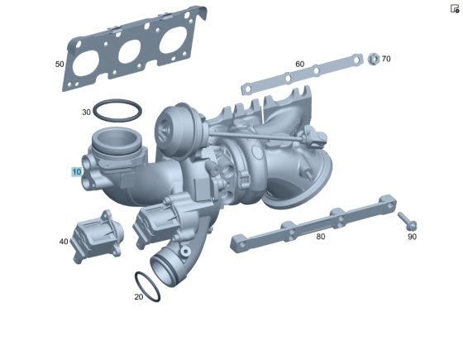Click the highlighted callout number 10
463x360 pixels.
(76, 172)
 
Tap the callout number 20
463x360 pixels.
(139, 297)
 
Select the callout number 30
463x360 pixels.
(86, 113)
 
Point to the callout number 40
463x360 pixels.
(64, 242)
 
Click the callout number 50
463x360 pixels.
(60, 65)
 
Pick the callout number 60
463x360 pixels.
(299, 65)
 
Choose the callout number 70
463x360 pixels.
(386, 59)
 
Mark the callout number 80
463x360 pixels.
(321, 237)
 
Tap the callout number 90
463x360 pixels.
(412, 237)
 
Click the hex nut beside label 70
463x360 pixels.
(374, 59)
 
